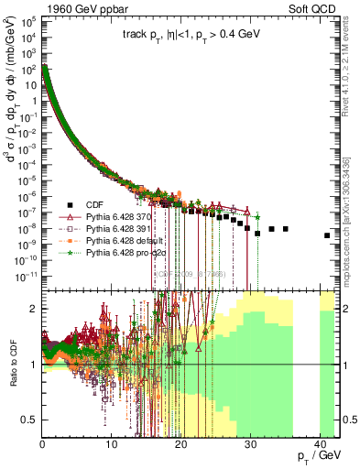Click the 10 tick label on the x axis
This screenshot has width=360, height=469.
(112, 442)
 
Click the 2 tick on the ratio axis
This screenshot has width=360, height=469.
(33, 309)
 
